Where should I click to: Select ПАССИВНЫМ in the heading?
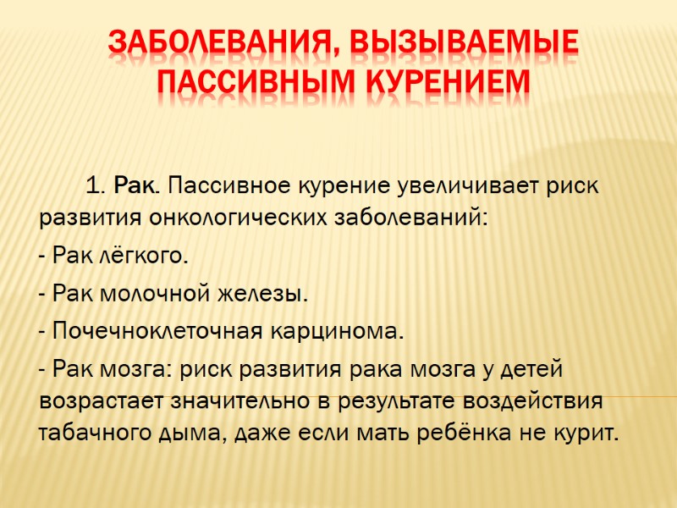pos(250,82)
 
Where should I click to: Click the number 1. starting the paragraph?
pos(96,185)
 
